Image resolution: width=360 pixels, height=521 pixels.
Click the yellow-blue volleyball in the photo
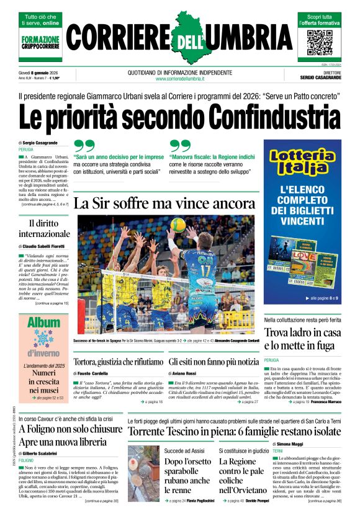(178, 225)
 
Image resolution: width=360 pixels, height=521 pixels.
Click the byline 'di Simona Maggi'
(289, 444)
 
